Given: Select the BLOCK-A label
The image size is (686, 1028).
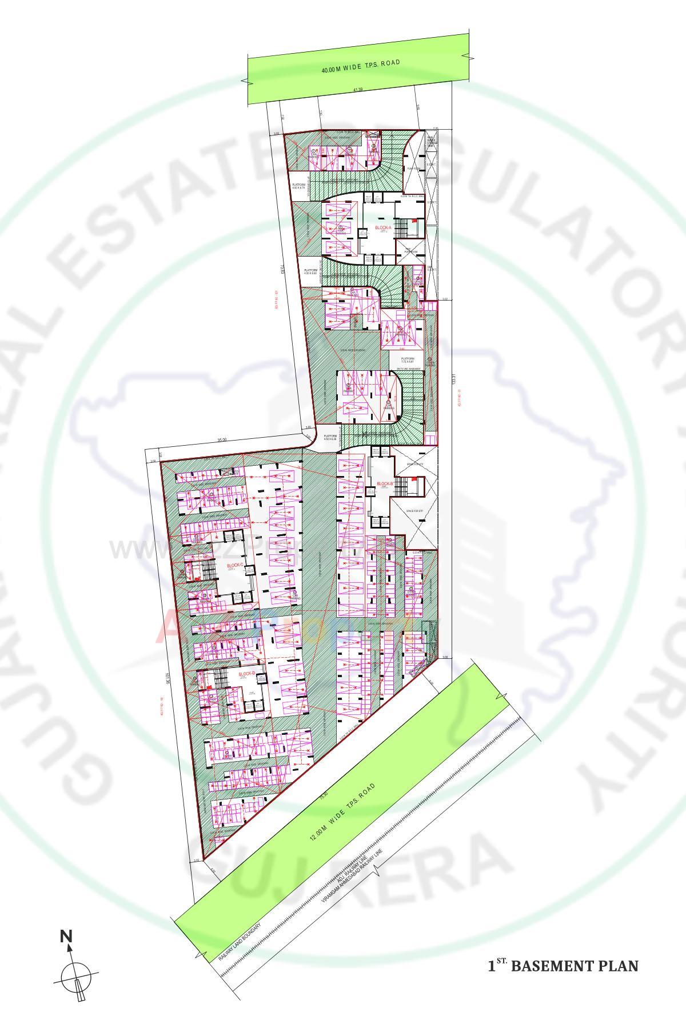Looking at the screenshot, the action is (383, 228).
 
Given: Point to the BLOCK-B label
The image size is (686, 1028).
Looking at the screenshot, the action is (384, 484).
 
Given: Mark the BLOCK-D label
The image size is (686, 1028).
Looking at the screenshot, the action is (246, 674).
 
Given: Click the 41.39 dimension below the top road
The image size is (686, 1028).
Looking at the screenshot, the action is (358, 90).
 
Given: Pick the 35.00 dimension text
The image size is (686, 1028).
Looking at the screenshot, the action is (222, 440).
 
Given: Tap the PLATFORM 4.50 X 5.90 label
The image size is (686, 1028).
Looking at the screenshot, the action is (311, 271).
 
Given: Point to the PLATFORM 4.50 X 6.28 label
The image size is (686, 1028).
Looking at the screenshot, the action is (330, 437).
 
